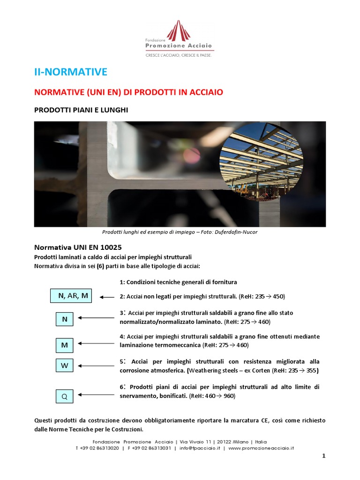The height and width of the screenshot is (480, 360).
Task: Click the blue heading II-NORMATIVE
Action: (71, 72)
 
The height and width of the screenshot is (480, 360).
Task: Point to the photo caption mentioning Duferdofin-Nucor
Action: (180, 232)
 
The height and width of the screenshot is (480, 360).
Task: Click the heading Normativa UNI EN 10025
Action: (79, 247)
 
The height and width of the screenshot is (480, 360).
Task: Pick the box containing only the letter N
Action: (65, 320)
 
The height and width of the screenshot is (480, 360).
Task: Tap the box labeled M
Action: (65, 345)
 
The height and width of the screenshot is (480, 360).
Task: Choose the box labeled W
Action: (65, 366)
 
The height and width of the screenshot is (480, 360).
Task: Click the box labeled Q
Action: (65, 397)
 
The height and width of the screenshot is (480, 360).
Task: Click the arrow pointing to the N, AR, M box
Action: (107, 297)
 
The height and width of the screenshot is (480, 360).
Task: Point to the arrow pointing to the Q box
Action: (96, 395)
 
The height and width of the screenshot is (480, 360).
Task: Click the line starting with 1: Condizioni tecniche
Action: (178, 282)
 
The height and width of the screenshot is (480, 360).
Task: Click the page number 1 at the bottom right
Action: (323, 457)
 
